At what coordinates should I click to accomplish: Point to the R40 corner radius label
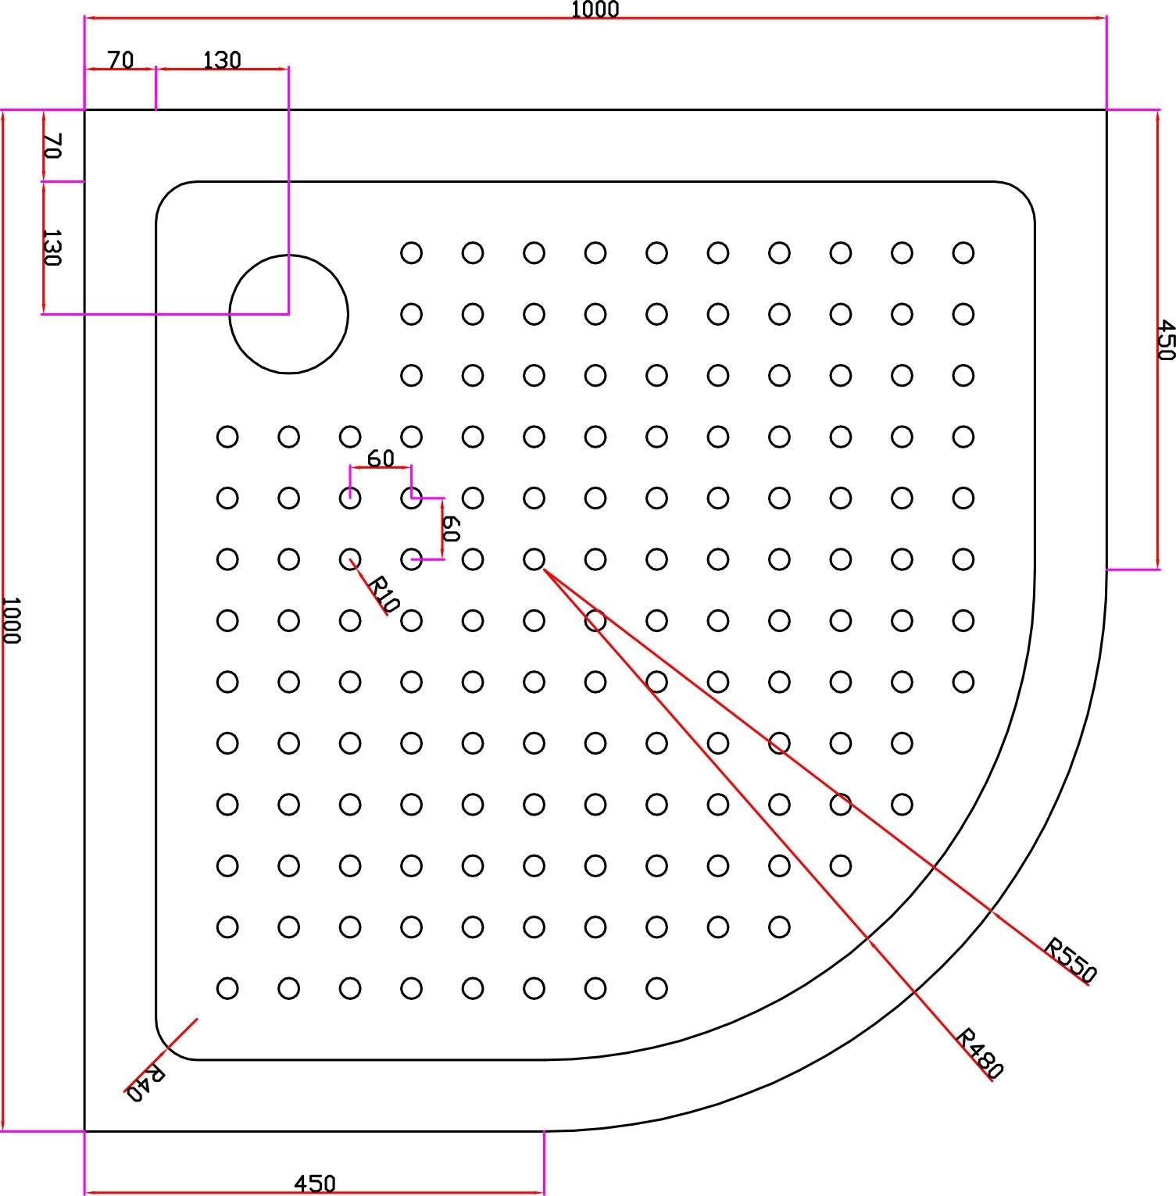click(x=145, y=1083)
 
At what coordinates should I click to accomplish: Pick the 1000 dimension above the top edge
click(x=595, y=9)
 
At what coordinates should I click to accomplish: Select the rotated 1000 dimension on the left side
click(x=10, y=620)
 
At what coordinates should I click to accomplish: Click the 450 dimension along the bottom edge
click(x=315, y=1184)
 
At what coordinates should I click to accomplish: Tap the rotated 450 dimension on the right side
click(x=1164, y=340)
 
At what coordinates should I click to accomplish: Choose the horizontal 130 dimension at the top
click(x=222, y=60)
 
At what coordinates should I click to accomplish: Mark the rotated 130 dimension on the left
click(x=52, y=248)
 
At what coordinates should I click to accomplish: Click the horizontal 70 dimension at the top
click(x=120, y=60)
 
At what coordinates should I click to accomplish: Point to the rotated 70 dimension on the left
click(x=52, y=146)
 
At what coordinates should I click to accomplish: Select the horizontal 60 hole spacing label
click(x=381, y=459)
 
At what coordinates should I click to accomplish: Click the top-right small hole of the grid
click(x=963, y=252)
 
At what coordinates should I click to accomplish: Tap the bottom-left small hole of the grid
click(x=227, y=988)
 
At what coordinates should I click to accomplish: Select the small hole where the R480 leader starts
click(x=534, y=559)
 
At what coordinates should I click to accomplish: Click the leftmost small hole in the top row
click(x=411, y=252)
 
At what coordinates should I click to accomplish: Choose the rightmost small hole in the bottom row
click(x=656, y=988)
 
